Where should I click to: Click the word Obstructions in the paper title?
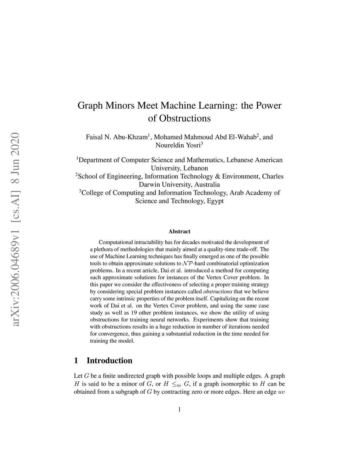pos(185,118)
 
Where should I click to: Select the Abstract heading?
pos(179,231)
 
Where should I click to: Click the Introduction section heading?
pos(109,360)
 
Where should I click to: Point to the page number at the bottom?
pos(179,409)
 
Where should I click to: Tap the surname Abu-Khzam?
pos(131,137)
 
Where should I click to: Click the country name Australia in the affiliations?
pos(204,184)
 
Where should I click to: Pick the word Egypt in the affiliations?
pos(214,201)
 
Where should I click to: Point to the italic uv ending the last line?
pos(281,391)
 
